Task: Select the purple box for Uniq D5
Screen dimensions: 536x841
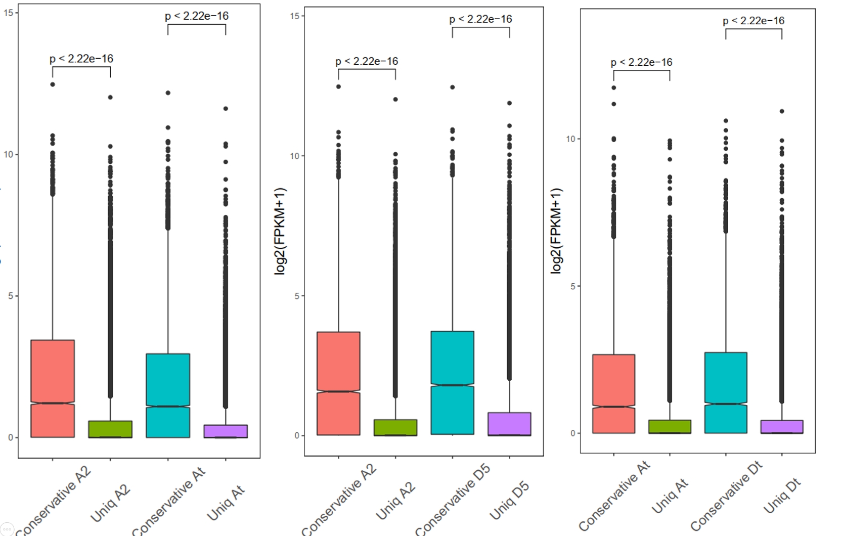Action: coord(509,424)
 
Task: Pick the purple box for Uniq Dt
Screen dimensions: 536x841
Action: coord(781,427)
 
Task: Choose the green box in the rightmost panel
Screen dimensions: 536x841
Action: coord(670,427)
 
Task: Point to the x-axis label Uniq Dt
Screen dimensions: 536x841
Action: coord(782,496)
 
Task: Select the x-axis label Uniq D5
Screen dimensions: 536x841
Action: coord(509,500)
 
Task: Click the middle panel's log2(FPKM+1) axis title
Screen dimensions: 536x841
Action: coord(280,231)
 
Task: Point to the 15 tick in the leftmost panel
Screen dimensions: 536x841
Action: coord(8,13)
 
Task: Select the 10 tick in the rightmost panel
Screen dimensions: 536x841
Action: coord(570,139)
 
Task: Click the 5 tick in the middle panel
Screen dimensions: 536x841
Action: coord(297,296)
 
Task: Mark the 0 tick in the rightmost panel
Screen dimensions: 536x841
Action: coord(572,433)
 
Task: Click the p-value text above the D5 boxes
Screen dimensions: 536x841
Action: coord(480,19)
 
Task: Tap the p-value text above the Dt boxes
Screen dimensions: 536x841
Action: coord(753,21)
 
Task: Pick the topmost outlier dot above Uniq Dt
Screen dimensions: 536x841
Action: coord(782,111)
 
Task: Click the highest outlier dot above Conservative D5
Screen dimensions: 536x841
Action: coord(453,87)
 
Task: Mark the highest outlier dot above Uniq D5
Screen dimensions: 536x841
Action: coord(509,103)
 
